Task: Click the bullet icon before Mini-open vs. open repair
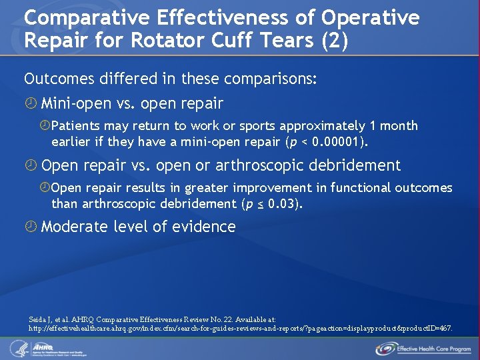pos(30,104)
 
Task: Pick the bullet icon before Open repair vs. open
pos(30,166)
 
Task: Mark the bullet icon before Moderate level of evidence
pos(30,227)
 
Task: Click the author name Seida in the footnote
pos(39,319)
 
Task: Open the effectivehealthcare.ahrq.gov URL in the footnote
pos(240,329)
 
